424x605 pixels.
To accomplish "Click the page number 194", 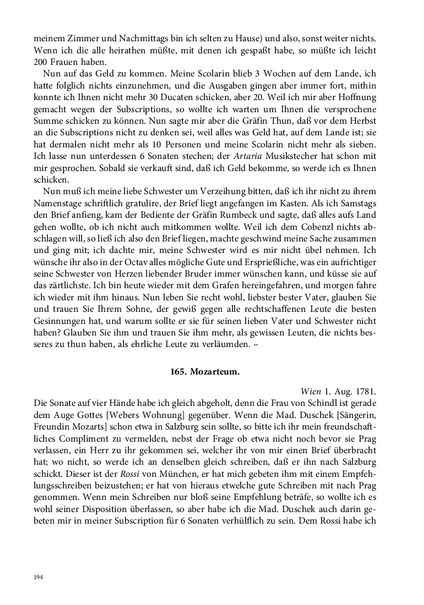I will tap(39, 576).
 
